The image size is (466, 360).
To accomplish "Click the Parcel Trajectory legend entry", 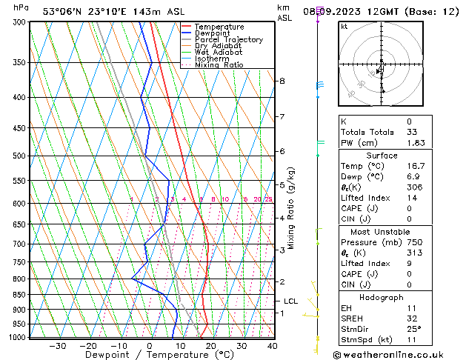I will pyautogui.click(x=228, y=40).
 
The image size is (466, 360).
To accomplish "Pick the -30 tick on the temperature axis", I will pyautogui.click(x=58, y=346).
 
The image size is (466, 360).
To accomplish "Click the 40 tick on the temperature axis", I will pyautogui.click(x=272, y=346).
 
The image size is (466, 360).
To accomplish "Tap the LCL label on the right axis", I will pyautogui.click(x=290, y=301).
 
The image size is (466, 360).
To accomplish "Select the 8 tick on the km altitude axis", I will pyautogui.click(x=282, y=81).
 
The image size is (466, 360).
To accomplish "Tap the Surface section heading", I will pyautogui.click(x=382, y=156).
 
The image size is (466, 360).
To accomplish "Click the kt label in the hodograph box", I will pyautogui.click(x=344, y=26).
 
